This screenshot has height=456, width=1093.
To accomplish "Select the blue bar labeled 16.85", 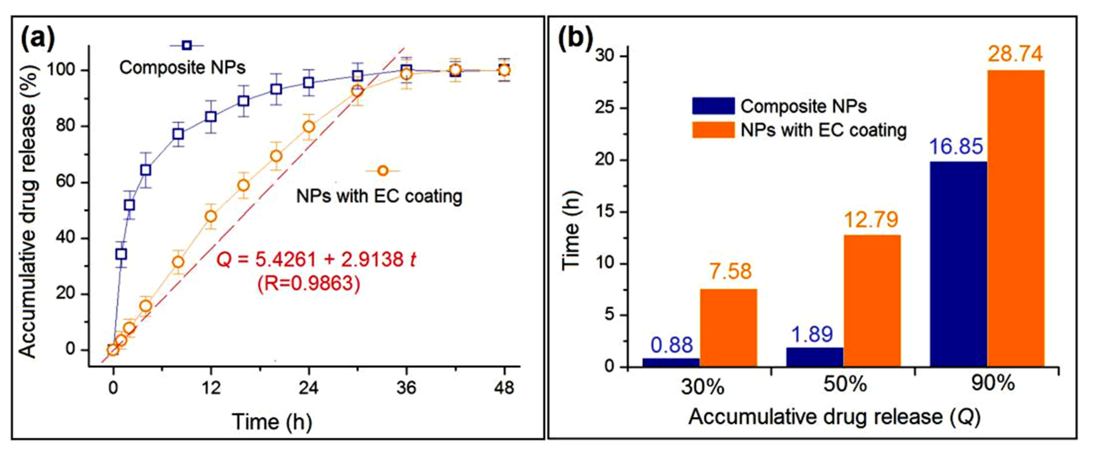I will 959,264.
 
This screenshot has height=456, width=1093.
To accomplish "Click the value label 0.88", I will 672,345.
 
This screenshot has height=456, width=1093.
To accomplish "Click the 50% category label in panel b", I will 845,385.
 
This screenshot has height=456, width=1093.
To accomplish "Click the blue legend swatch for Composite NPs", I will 713,106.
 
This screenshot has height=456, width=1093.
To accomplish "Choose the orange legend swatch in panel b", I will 713,130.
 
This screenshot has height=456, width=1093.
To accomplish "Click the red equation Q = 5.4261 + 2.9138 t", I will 316,259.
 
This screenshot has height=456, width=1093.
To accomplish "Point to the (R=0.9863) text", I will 309,283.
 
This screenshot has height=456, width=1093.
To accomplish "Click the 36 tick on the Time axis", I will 406,387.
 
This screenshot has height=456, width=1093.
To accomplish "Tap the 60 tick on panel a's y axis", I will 65,182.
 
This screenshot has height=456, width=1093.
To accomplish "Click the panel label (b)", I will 575,40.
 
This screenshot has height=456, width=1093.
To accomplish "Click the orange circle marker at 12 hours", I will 210,216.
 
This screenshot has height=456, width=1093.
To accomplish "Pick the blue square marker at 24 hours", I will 309,82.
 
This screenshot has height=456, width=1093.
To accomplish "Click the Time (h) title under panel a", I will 272,422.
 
